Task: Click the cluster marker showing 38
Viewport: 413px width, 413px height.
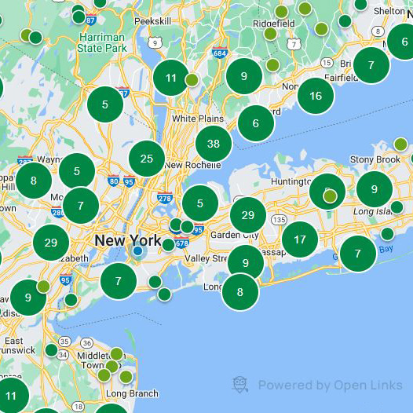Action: point(213,144)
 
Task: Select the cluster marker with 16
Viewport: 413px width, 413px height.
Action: point(316,96)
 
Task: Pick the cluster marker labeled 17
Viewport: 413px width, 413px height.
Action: point(300,239)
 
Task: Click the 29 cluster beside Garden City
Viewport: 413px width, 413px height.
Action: point(248,215)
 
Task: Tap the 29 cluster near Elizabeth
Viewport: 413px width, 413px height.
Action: point(51,243)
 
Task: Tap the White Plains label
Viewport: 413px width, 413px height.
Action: point(196,119)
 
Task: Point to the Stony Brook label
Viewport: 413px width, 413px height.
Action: point(375,159)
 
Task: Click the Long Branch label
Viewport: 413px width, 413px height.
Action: point(132,393)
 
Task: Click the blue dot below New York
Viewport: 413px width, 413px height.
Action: point(137,251)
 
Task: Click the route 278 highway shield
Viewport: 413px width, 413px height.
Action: point(165,199)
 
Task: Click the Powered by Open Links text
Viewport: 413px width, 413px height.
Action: point(330,385)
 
